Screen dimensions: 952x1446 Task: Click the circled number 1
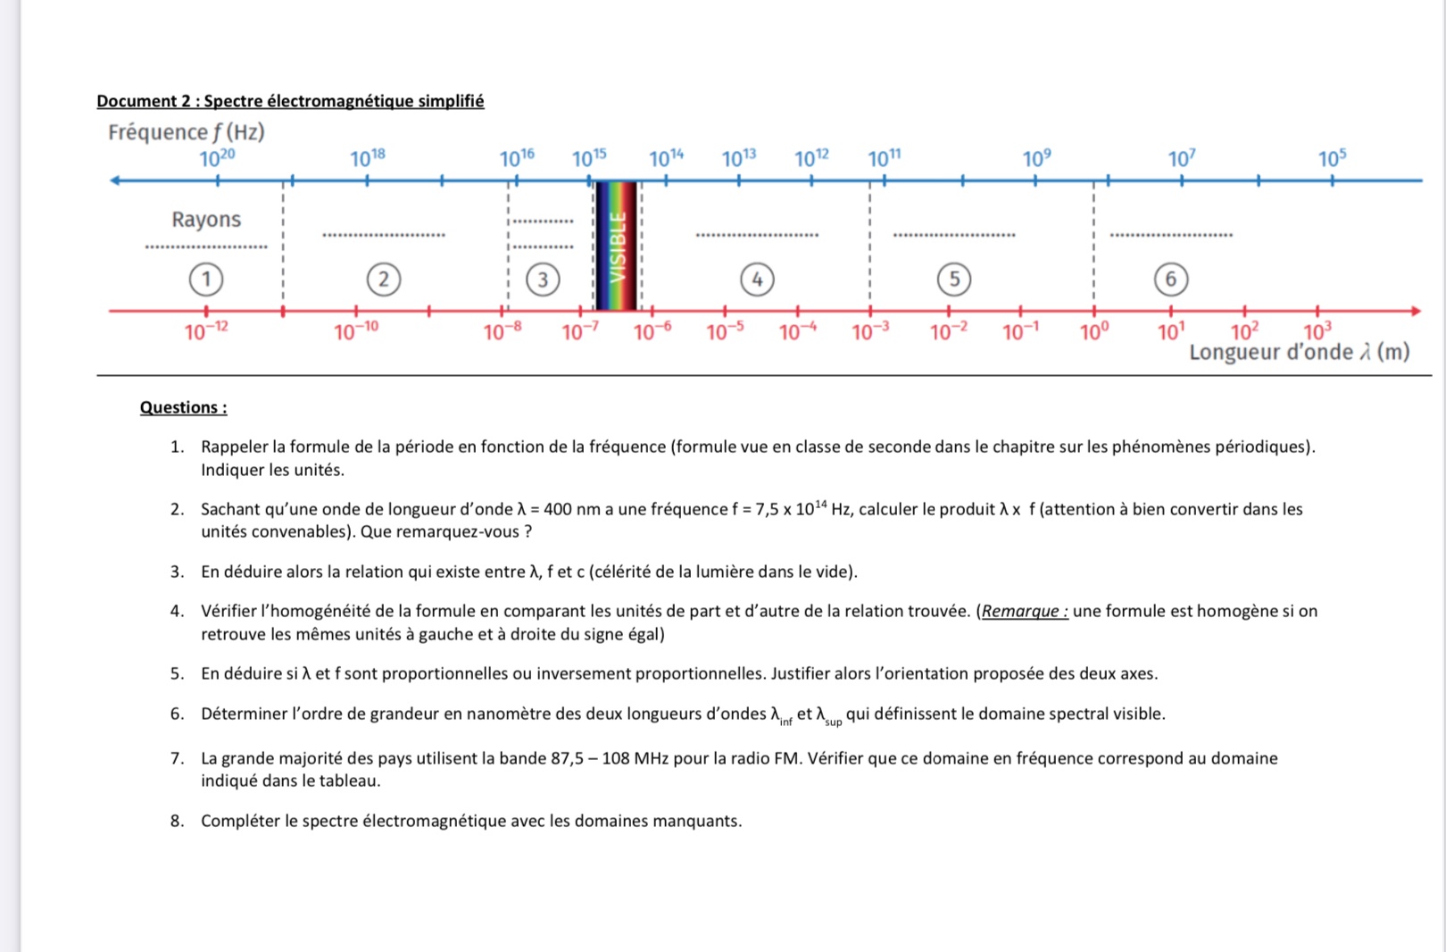pos(206,280)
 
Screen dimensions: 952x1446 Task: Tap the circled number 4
pos(757,280)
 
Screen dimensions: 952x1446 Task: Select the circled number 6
pos(1170,280)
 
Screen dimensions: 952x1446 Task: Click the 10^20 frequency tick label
pos(217,159)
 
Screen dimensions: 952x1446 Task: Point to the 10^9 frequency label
pos(1036,159)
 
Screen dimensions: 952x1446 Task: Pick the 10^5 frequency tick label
pos(1332,159)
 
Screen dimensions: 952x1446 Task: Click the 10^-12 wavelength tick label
pos(206,332)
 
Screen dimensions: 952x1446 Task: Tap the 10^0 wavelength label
pos(1094,332)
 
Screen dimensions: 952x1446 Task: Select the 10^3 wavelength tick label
pos(1317,332)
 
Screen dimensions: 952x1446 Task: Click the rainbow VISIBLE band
pos(617,246)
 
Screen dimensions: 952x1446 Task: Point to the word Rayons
pos(206,220)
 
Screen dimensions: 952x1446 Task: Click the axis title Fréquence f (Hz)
pos(187,132)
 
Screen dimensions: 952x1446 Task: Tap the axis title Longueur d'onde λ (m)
pos(1299,353)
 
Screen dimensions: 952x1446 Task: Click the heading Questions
pos(183,407)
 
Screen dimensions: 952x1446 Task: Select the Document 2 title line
pos(290,101)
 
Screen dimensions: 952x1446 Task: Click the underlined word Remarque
pos(1024,612)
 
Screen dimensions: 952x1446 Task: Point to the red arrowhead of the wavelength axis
pos(1416,311)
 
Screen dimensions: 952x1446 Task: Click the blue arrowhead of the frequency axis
pos(114,180)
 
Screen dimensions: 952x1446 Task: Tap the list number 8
pos(177,821)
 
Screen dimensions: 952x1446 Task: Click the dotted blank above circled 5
pos(953,234)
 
